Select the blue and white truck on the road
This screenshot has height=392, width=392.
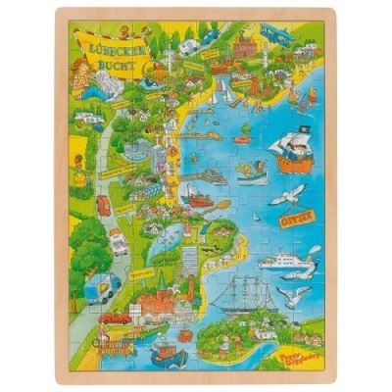pos(102,287)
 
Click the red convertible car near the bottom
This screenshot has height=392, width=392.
pos(116,318)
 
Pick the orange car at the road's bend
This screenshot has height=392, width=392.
pos(104,204)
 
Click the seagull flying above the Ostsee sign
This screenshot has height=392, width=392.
pos(288,196)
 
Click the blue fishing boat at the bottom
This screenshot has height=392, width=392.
pos(167,353)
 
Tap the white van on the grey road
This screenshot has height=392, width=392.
pos(119,241)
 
